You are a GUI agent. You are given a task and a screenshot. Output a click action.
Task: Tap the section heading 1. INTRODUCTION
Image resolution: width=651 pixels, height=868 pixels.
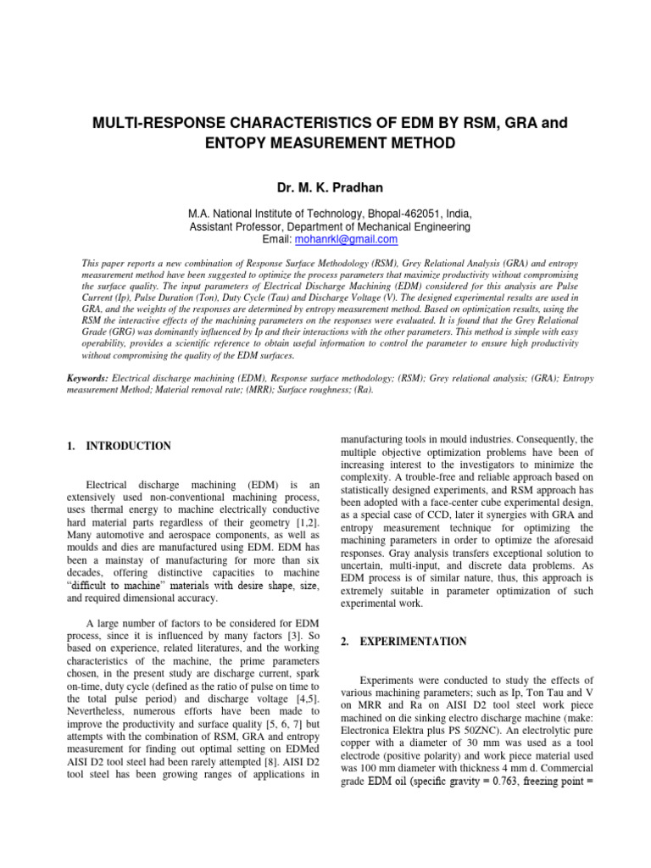click(119, 446)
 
